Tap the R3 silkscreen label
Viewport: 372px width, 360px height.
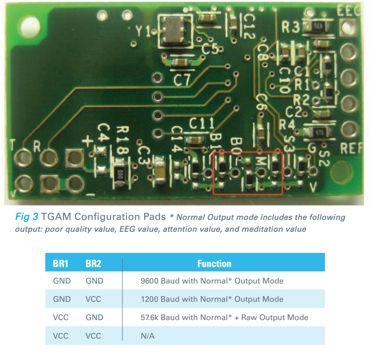point(290,27)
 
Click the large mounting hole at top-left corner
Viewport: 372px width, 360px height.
point(30,26)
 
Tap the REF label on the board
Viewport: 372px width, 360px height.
point(351,148)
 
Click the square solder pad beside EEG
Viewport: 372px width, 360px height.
point(348,28)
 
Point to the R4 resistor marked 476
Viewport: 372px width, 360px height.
point(319,132)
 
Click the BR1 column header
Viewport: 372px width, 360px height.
point(61,263)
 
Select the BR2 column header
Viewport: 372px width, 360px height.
point(93,263)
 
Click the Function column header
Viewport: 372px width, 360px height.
point(214,263)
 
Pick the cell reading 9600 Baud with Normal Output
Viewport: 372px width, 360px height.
point(212,281)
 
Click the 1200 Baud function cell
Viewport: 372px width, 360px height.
point(212,299)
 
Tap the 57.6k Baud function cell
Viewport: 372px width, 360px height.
point(224,318)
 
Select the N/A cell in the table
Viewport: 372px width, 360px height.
point(147,336)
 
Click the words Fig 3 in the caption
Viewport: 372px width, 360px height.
point(27,217)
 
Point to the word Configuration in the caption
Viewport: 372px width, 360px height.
point(120,217)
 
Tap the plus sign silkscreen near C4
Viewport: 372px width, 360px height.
point(88,141)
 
